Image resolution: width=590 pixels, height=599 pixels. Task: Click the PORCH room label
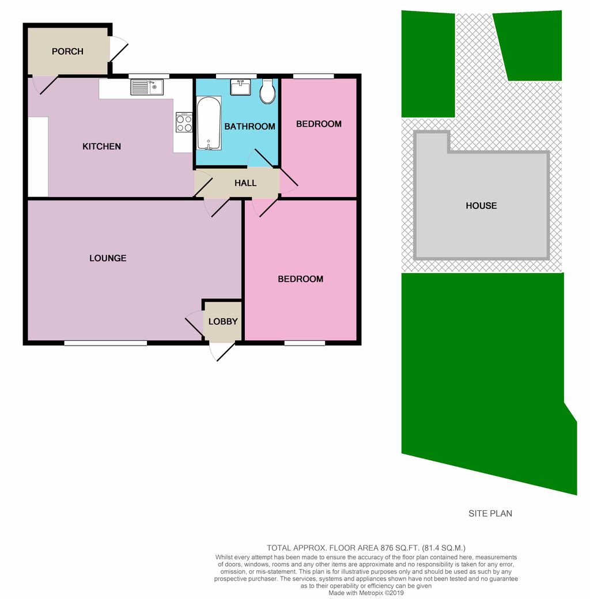click(67, 51)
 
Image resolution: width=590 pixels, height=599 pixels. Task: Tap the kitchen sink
click(147, 87)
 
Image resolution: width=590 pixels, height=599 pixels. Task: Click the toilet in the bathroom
click(267, 92)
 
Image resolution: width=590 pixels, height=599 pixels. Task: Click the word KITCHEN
click(102, 146)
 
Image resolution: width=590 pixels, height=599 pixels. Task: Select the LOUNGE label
click(108, 258)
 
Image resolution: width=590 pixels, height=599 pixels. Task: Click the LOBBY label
click(223, 321)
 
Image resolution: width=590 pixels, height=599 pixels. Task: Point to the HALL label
click(245, 183)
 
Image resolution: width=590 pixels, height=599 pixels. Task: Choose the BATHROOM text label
click(249, 126)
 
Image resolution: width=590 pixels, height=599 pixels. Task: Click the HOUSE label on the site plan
click(481, 206)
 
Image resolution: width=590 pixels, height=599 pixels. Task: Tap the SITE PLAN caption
click(490, 513)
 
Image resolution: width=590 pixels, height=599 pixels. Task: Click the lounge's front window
click(105, 343)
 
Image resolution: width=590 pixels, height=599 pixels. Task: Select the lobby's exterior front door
click(222, 351)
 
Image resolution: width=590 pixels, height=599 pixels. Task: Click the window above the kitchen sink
click(149, 76)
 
